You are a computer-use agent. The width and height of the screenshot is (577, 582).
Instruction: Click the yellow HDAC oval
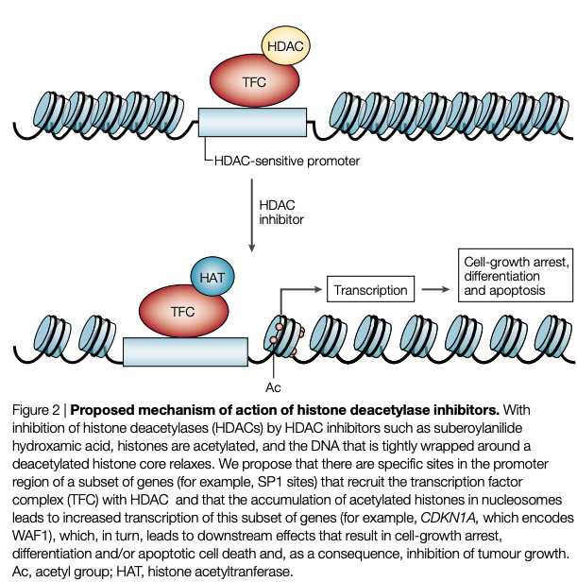click(287, 45)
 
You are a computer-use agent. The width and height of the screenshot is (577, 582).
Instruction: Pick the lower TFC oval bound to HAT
click(183, 309)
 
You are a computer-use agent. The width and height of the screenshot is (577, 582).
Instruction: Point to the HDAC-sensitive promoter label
click(287, 162)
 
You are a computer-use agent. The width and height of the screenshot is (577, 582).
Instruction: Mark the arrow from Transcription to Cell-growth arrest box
click(433, 290)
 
